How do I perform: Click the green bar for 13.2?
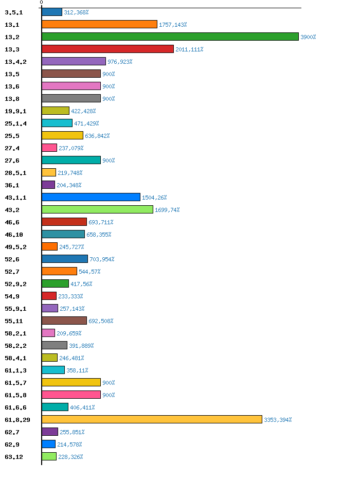[170, 37]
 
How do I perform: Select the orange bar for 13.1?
[99, 24]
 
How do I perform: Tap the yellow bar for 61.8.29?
[152, 419]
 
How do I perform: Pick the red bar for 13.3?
[107, 49]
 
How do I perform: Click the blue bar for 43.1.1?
[91, 197]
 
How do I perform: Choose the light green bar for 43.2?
[97, 209]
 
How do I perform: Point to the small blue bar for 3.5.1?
[52, 12]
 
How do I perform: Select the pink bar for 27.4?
[49, 148]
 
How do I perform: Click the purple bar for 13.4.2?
[74, 61]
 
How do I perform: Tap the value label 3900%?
[308, 37]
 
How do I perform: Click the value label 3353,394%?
[278, 420]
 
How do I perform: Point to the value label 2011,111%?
[189, 49]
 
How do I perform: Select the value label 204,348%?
[69, 185]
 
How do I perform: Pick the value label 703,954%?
[102, 259]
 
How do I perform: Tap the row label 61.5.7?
[15, 383]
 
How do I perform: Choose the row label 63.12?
[14, 457]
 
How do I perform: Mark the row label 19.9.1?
[15, 111]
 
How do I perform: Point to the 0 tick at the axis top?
[41, 3]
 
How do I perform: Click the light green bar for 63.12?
[49, 456]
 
